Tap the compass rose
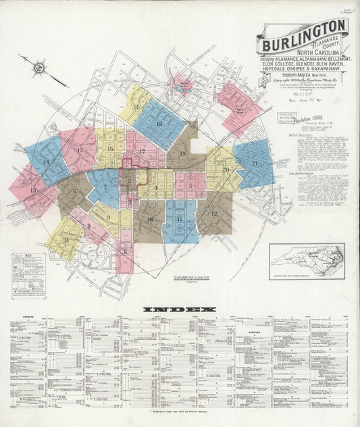tap(39, 67)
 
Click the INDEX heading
tap(179, 309)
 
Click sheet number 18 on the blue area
tap(159, 124)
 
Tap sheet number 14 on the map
tap(45, 162)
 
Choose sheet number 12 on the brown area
tap(214, 214)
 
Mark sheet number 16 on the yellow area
tap(109, 149)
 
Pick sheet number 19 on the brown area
tap(183, 155)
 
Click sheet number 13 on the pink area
tap(33, 191)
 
